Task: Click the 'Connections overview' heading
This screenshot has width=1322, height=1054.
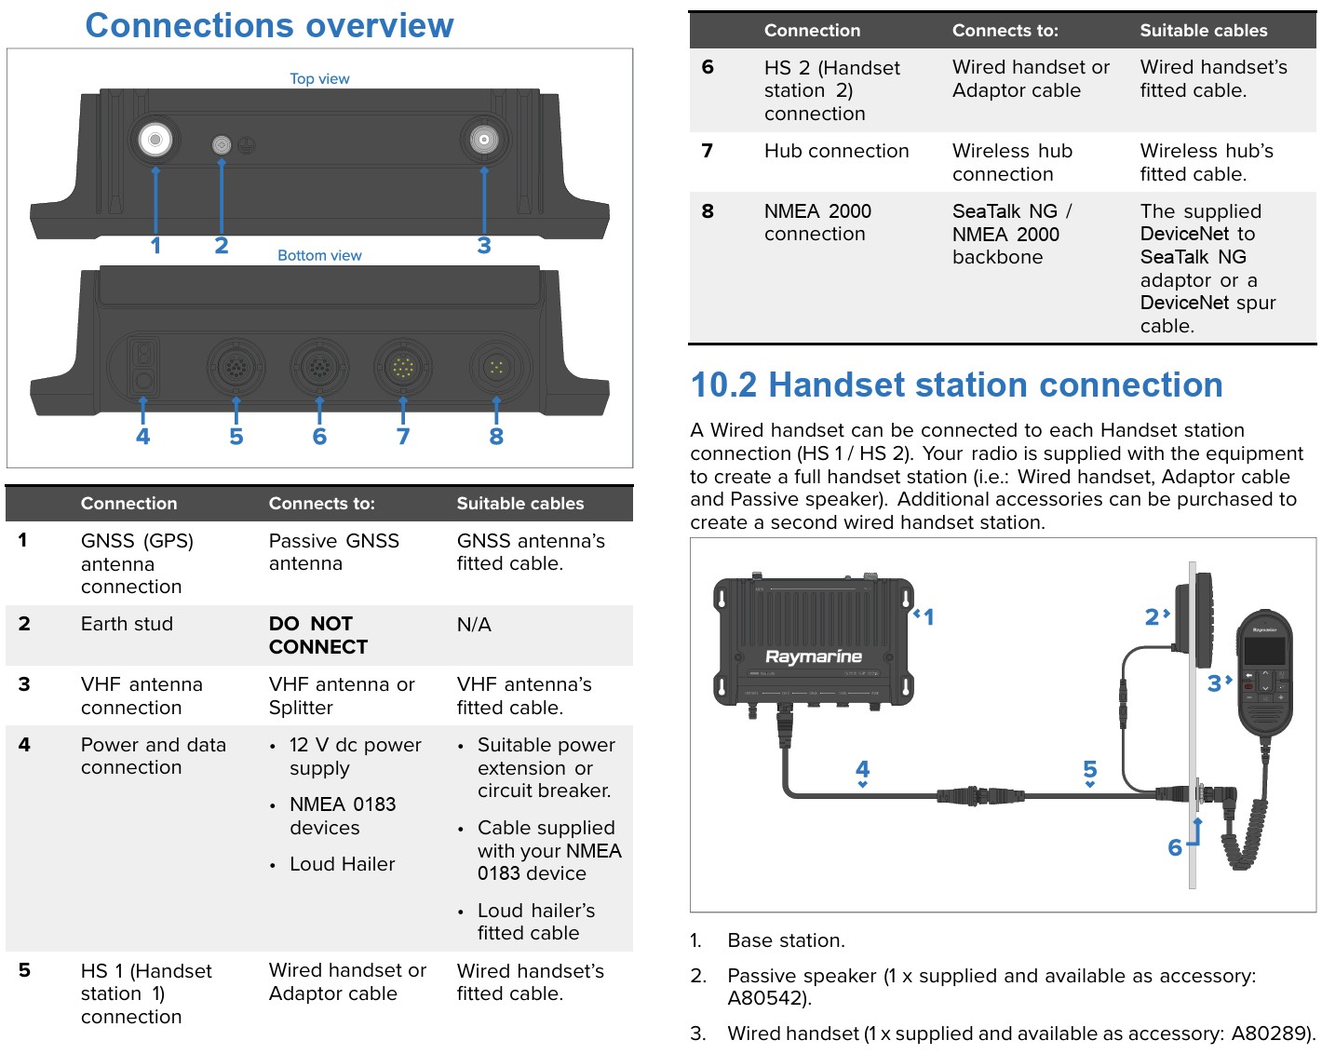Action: point(269,26)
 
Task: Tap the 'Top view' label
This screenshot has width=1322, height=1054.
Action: point(319,79)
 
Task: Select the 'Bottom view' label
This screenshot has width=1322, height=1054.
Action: point(319,255)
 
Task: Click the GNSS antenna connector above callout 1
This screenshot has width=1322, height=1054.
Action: point(155,140)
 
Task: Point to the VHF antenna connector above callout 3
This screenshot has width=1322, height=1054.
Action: point(484,141)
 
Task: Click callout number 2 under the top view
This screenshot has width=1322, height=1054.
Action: point(222,246)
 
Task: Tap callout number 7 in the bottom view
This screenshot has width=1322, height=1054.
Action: point(403,437)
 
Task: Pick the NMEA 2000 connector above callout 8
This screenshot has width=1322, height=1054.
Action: point(496,368)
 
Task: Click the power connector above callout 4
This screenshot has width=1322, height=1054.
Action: point(143,367)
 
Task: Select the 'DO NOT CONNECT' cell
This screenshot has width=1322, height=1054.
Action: point(318,635)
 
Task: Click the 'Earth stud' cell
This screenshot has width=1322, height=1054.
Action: point(127,624)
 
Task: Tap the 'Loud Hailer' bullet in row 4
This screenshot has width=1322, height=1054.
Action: point(342,864)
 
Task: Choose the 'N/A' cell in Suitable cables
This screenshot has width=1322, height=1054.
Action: point(474,624)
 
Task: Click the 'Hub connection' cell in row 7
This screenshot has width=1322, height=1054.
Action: point(836,151)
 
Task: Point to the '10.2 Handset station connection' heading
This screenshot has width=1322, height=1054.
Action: point(956,385)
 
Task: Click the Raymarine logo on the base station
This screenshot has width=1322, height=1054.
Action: point(814,656)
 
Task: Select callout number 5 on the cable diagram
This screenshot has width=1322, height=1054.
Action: point(1090,769)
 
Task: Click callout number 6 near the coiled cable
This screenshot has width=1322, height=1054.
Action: point(1175,847)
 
